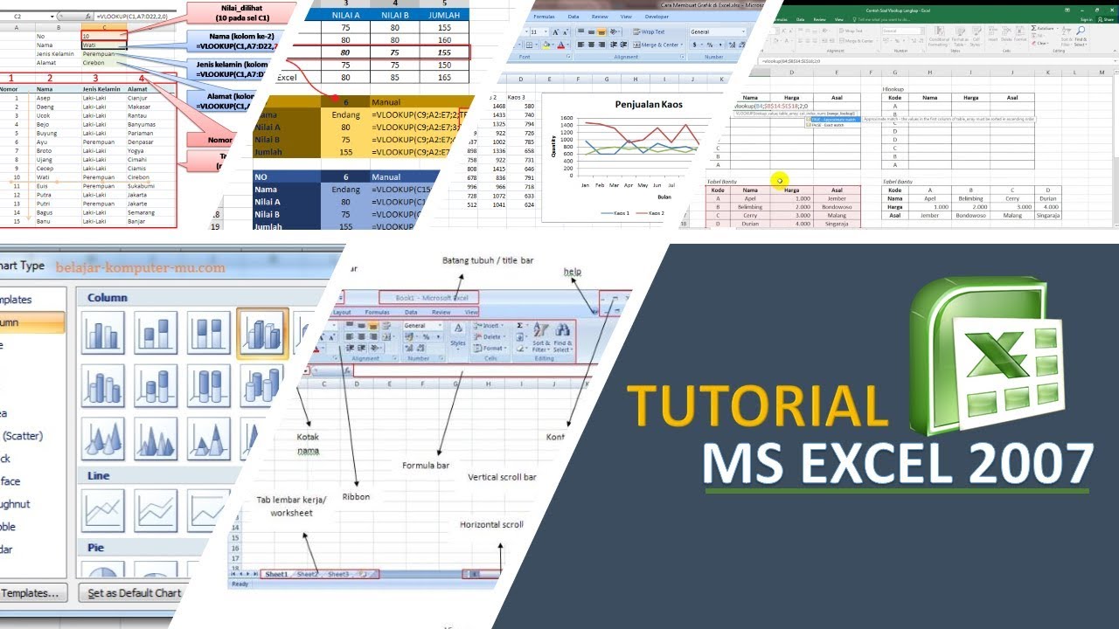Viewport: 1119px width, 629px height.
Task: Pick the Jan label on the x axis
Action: [x=586, y=185]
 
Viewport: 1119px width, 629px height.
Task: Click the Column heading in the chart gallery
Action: [x=107, y=297]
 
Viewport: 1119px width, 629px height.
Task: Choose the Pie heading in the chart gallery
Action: [x=95, y=548]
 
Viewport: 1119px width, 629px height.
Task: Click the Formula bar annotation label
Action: [x=426, y=466]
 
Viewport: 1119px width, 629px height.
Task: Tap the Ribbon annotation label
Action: [x=356, y=496]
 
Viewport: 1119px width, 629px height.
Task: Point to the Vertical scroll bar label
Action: [x=502, y=477]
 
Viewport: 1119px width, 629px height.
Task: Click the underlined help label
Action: [x=572, y=272]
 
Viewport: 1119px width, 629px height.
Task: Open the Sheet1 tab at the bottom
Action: [x=276, y=574]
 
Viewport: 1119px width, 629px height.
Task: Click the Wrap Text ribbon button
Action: [x=649, y=31]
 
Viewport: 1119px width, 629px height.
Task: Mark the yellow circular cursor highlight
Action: [x=779, y=181]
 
